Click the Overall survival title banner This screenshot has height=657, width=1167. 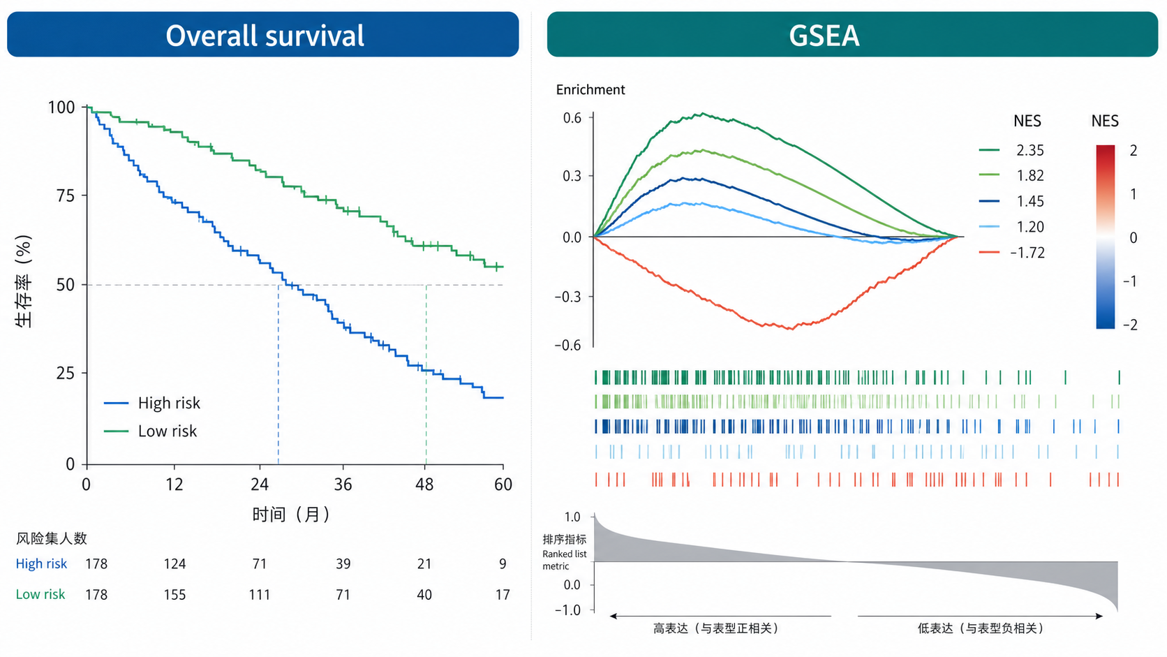point(262,34)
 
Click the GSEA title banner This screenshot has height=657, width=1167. point(852,34)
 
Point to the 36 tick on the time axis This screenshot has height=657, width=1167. point(343,485)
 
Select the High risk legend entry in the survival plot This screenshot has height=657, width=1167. point(152,403)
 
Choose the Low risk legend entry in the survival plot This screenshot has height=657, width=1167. point(151,431)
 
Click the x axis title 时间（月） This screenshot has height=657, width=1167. point(291,515)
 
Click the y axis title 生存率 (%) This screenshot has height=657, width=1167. point(24,281)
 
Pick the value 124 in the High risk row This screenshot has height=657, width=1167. point(174,563)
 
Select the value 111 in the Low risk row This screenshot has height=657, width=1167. point(259,594)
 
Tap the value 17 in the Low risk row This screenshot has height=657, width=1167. point(503,594)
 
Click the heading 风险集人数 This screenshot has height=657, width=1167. point(51,538)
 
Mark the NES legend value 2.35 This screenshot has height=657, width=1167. point(1030,150)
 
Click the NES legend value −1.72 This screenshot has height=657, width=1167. point(1027,253)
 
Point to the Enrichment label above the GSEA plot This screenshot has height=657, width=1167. point(590,89)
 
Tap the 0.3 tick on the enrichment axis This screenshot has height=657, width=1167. point(572,176)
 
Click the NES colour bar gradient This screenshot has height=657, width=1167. point(1105,237)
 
